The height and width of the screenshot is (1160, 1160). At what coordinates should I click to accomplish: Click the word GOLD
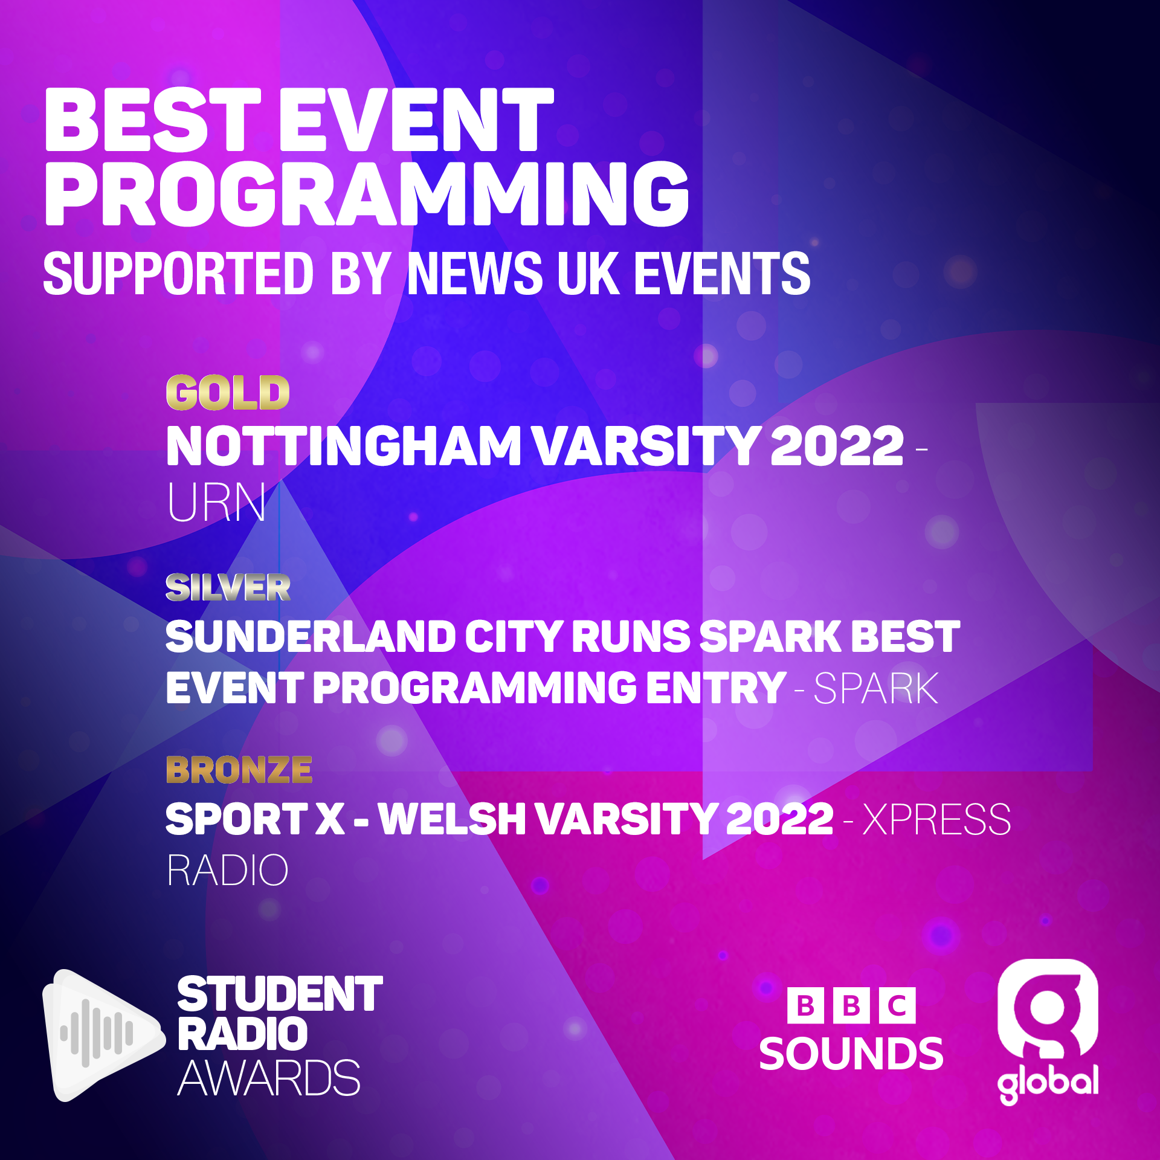228,393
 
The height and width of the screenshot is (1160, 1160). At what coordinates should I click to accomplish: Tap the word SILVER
228,587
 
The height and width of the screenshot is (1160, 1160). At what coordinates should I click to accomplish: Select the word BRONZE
239,770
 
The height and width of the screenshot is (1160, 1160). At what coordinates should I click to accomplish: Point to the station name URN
216,502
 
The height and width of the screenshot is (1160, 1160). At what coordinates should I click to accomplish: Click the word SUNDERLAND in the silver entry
311,637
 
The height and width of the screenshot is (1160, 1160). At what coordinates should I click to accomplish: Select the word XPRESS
936,819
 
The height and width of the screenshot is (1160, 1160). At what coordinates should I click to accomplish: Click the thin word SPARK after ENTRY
876,688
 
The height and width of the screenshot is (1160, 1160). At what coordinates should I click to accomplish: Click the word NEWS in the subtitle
475,274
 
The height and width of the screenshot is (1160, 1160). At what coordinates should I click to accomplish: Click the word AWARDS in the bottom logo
269,1078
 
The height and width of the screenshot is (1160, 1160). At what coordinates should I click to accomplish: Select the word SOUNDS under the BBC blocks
851,1054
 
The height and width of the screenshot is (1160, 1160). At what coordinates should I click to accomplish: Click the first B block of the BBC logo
805,1006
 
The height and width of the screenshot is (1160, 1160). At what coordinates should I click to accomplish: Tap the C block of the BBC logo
897,1006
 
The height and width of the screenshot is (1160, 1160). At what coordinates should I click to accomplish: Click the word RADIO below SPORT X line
228,871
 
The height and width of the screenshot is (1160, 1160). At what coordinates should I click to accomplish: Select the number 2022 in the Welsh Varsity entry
779,819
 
